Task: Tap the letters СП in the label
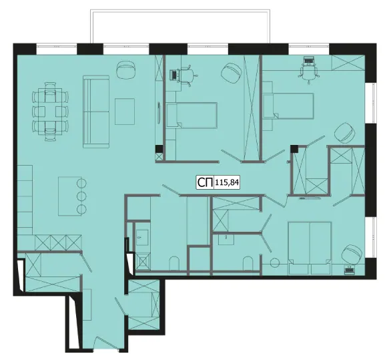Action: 205,182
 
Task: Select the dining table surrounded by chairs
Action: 50,112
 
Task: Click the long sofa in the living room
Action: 96,112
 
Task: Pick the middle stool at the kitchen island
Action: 81,196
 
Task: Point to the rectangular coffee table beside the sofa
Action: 125,112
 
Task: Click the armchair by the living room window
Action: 126,70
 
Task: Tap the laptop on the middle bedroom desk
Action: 173,75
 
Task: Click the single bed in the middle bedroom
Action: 191,115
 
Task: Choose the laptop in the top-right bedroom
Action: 308,60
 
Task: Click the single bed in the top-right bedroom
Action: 288,106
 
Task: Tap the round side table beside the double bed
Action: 275,262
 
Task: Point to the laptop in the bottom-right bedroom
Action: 349,269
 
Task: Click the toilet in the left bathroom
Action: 174,263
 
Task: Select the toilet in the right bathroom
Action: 248,264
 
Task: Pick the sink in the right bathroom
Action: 226,239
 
